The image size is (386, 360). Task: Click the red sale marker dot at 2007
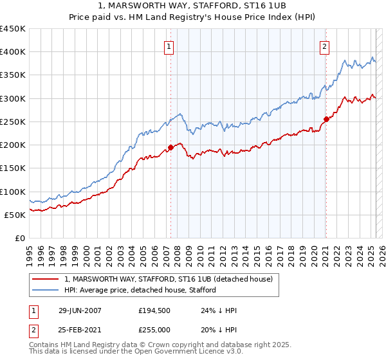(170, 147)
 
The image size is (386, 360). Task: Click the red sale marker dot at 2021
(326, 119)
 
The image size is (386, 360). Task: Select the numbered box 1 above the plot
(169, 46)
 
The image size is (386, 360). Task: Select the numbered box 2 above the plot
(325, 46)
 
